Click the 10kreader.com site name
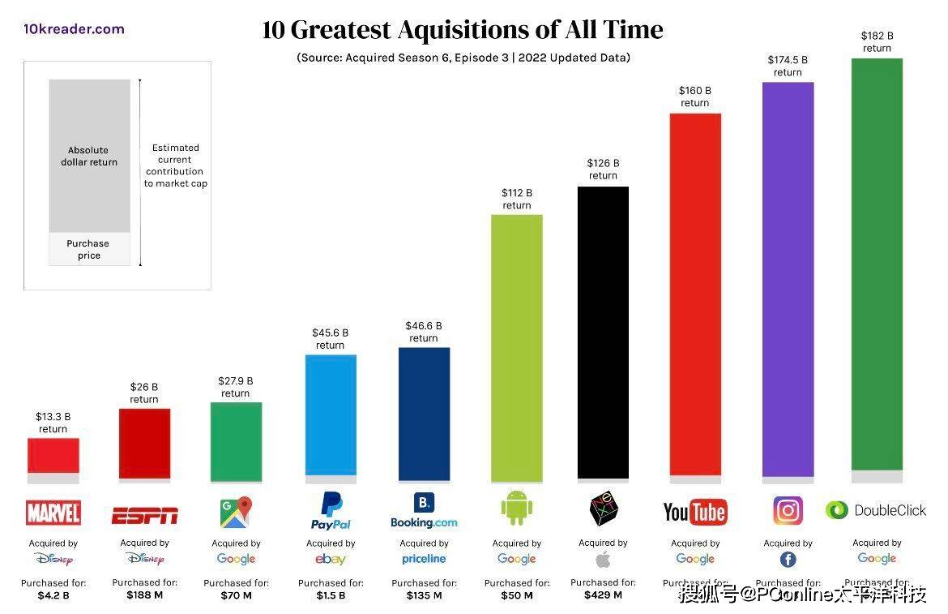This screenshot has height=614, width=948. [x=74, y=29]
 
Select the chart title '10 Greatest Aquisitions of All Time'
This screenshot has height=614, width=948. [x=463, y=31]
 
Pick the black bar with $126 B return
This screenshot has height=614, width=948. [x=603, y=333]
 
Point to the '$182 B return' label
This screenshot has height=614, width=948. [x=877, y=41]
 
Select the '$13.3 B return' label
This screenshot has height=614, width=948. [x=53, y=423]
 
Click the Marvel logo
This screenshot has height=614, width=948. [x=53, y=513]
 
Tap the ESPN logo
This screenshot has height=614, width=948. [x=144, y=515]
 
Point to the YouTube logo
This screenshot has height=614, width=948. [x=694, y=512]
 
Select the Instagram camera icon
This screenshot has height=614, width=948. [x=788, y=511]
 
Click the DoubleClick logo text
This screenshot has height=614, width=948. [x=890, y=510]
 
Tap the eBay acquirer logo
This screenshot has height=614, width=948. [x=331, y=559]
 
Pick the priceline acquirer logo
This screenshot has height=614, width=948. [x=424, y=559]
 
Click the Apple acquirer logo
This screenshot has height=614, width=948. [x=603, y=559]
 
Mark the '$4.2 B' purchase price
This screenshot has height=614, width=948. [x=53, y=595]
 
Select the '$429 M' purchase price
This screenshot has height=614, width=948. [x=603, y=595]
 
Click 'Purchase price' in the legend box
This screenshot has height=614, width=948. [x=88, y=249]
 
